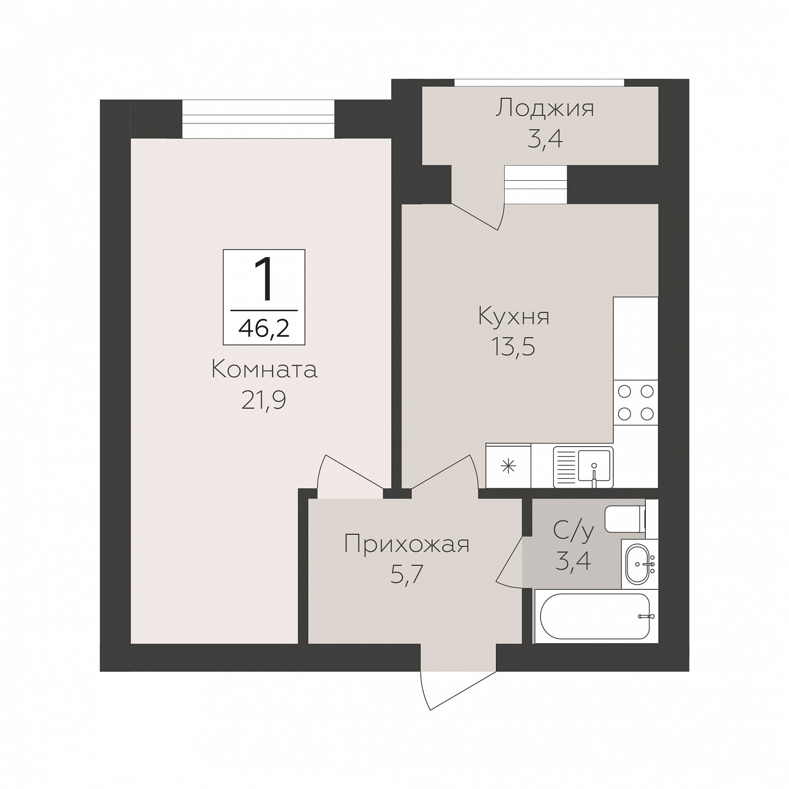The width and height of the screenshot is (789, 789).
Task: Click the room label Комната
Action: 264,370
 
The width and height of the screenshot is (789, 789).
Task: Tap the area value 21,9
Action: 263,400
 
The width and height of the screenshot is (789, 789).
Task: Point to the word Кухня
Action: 514,317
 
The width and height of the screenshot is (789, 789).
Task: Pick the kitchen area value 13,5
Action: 513,347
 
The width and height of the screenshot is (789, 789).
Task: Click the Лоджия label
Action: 545,108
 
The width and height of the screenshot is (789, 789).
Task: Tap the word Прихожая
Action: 407,544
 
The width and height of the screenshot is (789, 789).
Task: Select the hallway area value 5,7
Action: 407,575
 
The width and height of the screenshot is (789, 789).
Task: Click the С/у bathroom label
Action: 574,530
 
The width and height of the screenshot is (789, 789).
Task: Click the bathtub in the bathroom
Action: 595,616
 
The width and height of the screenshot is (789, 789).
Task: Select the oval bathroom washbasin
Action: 639,564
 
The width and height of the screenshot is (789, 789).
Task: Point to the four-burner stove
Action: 636,402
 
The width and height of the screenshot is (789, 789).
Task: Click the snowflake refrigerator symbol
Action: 508,467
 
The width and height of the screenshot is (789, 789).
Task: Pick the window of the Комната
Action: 258,119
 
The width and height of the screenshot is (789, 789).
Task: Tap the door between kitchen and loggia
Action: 478,216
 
